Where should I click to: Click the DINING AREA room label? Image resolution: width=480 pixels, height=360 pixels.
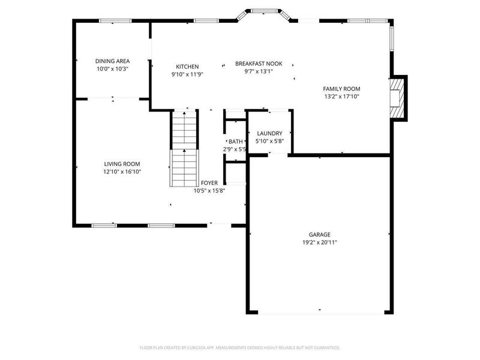click(112, 61)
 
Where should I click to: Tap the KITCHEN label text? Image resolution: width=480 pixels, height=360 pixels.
click(187, 67)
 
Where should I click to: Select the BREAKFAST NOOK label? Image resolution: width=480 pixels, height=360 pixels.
click(258, 63)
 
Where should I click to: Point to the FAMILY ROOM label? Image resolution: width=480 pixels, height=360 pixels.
click(341, 89)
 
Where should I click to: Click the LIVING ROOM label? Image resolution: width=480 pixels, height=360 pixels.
click(122, 164)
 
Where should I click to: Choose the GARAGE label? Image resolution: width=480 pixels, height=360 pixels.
click(320, 235)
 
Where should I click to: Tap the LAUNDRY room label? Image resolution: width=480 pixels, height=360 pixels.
click(269, 133)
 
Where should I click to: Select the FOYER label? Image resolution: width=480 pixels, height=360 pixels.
click(209, 183)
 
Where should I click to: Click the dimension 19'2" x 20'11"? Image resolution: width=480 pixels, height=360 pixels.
click(320, 242)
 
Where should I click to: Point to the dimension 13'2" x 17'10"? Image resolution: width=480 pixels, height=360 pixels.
click(341, 96)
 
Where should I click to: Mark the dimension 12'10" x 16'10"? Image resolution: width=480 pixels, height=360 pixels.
click(122, 172)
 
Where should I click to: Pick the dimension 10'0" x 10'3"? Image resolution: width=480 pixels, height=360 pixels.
click(112, 68)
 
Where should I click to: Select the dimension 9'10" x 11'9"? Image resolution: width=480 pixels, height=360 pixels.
click(187, 74)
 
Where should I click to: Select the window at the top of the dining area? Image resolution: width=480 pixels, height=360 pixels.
click(115, 21)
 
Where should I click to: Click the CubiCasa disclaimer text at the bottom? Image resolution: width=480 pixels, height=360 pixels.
click(240, 347)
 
